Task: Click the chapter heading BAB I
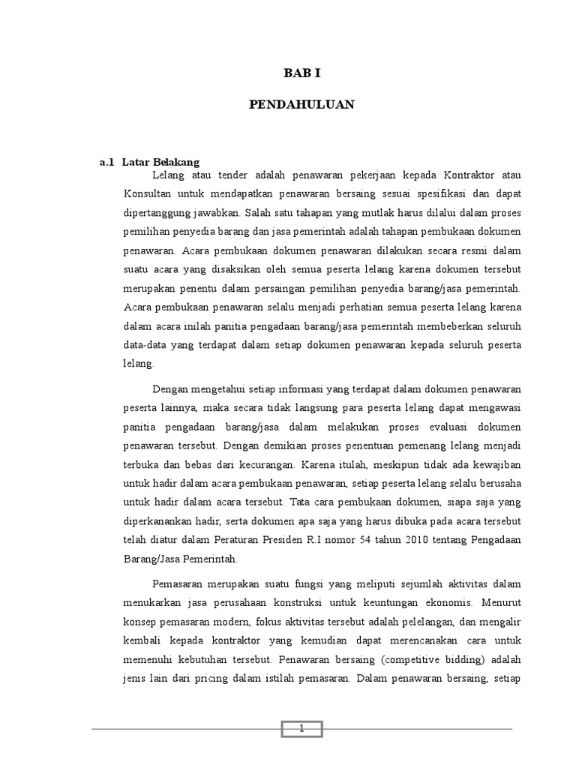click(301, 73)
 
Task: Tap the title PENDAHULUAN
click(301, 105)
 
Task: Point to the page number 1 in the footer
click(301, 729)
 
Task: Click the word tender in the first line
click(234, 175)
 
